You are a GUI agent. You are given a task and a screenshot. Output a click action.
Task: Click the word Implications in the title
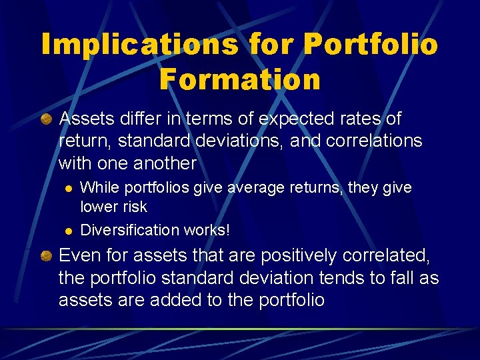click(x=139, y=44)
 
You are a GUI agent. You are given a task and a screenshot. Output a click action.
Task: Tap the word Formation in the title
click(x=240, y=79)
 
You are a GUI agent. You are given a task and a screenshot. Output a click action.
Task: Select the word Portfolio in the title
click(x=371, y=44)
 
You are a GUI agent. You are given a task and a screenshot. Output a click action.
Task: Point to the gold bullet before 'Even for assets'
click(x=46, y=255)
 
